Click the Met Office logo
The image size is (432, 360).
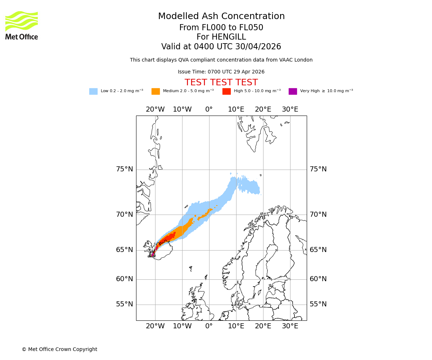click(22, 25)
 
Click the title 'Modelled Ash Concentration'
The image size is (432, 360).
click(221, 16)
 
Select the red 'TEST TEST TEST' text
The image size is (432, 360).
click(221, 82)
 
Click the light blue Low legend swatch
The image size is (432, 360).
click(93, 91)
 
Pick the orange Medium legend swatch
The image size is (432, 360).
click(156, 91)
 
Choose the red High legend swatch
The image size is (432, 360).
click(226, 91)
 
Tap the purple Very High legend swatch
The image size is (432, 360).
click(293, 91)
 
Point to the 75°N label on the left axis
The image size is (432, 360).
click(124, 169)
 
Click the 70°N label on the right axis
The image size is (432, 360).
click(318, 215)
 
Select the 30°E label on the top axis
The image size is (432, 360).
click(290, 109)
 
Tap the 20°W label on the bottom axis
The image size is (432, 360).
click(155, 326)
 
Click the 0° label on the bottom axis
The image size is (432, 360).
click(209, 326)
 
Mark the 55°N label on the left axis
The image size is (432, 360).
click(124, 304)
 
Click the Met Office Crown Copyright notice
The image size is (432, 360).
click(59, 349)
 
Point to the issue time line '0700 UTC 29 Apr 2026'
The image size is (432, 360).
click(221, 72)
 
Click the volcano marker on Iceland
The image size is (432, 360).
click(152, 253)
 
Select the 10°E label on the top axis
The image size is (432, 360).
click(236, 109)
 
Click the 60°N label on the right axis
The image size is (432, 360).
click(318, 279)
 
